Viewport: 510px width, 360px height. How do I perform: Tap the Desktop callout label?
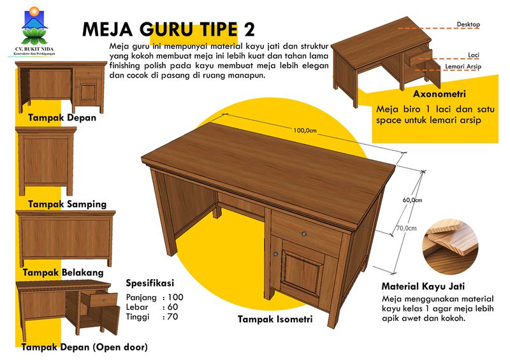[x=468, y=24]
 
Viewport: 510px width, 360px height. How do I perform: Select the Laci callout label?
[x=473, y=55]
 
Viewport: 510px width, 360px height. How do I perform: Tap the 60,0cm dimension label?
[x=412, y=200]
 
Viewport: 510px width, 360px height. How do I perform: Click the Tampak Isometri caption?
[x=275, y=319]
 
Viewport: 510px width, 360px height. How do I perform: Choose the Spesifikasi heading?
[x=149, y=283]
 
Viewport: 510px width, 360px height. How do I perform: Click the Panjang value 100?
[x=175, y=298]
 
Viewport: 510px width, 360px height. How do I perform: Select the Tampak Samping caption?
[x=67, y=205]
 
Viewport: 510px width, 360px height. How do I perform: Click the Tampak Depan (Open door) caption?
[x=84, y=347]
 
